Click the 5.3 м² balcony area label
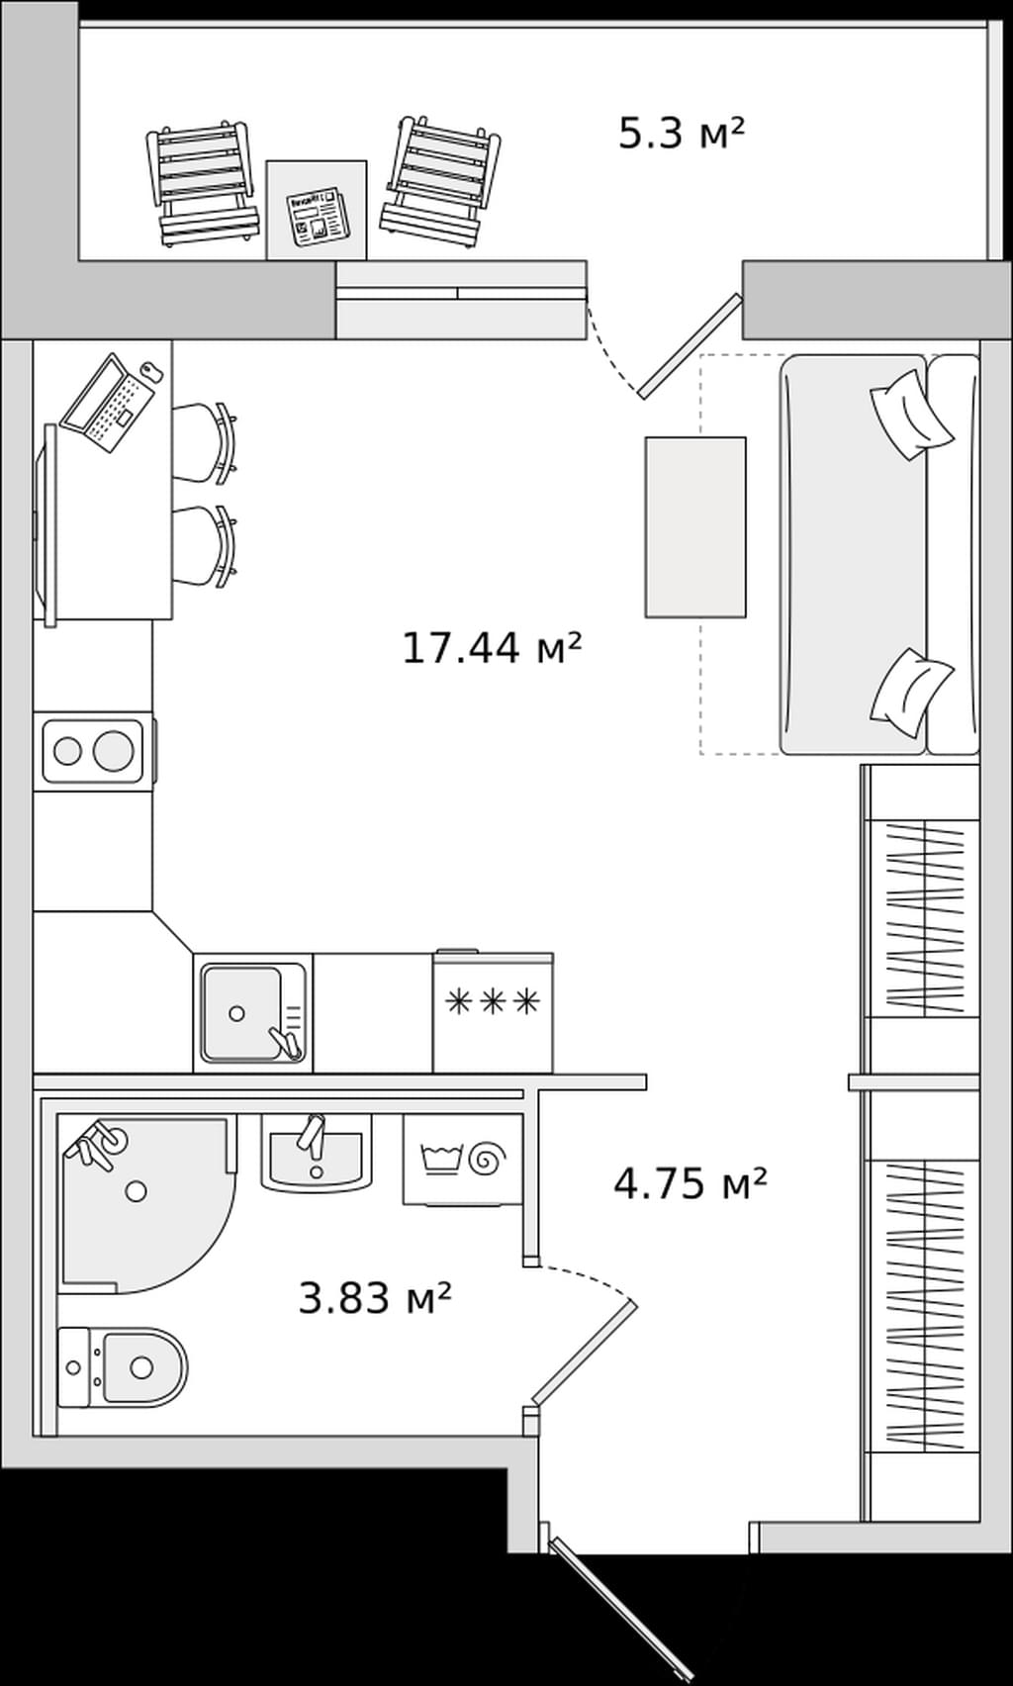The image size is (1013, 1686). point(681,134)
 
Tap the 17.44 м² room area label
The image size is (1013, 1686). point(493,648)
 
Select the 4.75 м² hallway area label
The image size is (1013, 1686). point(691,1184)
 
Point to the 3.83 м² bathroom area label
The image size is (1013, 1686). point(375,1297)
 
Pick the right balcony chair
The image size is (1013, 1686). point(439,181)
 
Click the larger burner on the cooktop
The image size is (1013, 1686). point(113,750)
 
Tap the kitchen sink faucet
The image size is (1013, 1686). point(285,1043)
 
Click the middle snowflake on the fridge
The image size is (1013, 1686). point(493,1001)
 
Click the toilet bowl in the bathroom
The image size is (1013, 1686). point(143,1366)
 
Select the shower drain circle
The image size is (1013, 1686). point(137,1190)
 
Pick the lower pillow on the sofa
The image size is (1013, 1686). point(911,694)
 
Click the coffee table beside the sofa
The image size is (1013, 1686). point(695,526)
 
